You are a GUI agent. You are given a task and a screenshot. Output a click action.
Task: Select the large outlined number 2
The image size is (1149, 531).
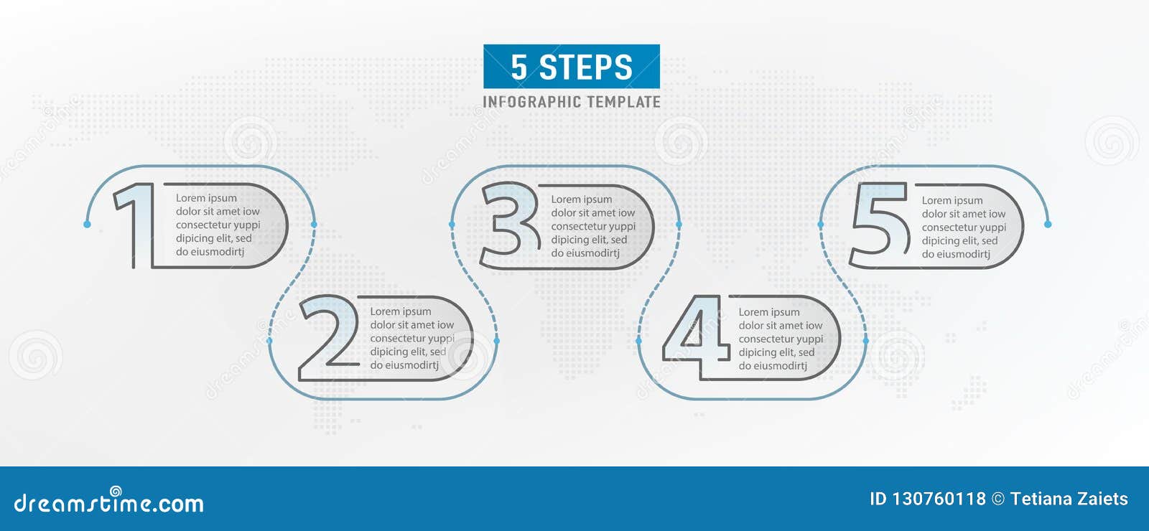pyautogui.click(x=329, y=337)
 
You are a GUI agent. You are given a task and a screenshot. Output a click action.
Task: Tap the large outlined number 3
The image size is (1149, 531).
pyautogui.click(x=509, y=220)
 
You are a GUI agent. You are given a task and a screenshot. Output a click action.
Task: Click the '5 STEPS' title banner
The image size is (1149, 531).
pyautogui.click(x=572, y=67)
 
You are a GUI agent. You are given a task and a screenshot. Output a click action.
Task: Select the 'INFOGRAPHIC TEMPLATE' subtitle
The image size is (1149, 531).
pyautogui.click(x=572, y=102)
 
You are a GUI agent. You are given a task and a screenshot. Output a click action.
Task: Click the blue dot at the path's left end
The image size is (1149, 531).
pyautogui.click(x=88, y=225)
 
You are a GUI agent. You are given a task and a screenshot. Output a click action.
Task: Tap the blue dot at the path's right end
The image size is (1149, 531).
pyautogui.click(x=1048, y=225)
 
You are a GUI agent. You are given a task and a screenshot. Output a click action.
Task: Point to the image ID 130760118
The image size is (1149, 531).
pyautogui.click(x=927, y=499)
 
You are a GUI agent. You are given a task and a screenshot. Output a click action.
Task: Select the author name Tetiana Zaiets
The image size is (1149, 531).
pyautogui.click(x=1069, y=499)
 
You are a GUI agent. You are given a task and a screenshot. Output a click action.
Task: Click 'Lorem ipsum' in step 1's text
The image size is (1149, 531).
pyautogui.click(x=206, y=198)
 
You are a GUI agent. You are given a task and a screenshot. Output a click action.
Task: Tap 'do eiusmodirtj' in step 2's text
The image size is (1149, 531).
pyautogui.click(x=404, y=365)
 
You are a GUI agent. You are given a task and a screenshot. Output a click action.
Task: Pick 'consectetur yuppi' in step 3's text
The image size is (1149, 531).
pyautogui.click(x=593, y=227)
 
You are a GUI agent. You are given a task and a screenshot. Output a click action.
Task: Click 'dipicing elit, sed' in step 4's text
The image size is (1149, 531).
pyautogui.click(x=776, y=352)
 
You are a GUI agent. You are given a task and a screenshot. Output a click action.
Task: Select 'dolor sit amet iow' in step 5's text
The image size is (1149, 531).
pyautogui.click(x=964, y=214)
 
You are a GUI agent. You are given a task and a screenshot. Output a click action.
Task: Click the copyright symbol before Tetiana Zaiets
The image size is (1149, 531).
pyautogui.click(x=998, y=499)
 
